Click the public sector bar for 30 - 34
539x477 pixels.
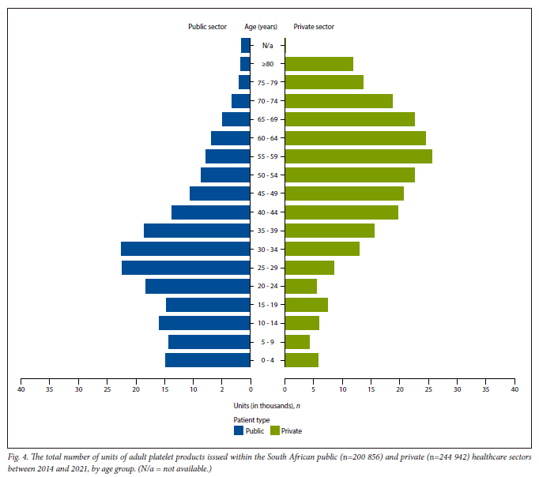coord(186,249)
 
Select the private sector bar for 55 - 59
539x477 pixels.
coord(358,156)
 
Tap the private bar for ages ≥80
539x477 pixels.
coord(318,64)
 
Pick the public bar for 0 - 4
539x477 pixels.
coord(208,360)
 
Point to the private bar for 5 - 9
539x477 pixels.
coord(297,342)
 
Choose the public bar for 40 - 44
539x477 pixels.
coord(211,212)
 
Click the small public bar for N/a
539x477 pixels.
coord(246,45)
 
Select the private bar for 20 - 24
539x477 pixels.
coord(300,286)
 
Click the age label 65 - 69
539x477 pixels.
coord(267,119)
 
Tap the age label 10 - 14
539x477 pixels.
coord(267,323)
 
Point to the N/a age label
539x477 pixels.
coord(267,45)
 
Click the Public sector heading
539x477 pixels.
coord(207,27)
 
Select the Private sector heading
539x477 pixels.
coord(314,27)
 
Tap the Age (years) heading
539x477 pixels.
coord(260,27)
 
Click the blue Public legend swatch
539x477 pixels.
coord(239,431)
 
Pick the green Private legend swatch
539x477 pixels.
coord(275,431)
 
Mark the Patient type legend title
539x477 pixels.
coord(251,419)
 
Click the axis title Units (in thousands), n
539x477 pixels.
coord(268,406)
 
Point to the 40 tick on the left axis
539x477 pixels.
coord(21,389)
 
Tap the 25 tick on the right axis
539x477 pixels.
coord(428,389)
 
